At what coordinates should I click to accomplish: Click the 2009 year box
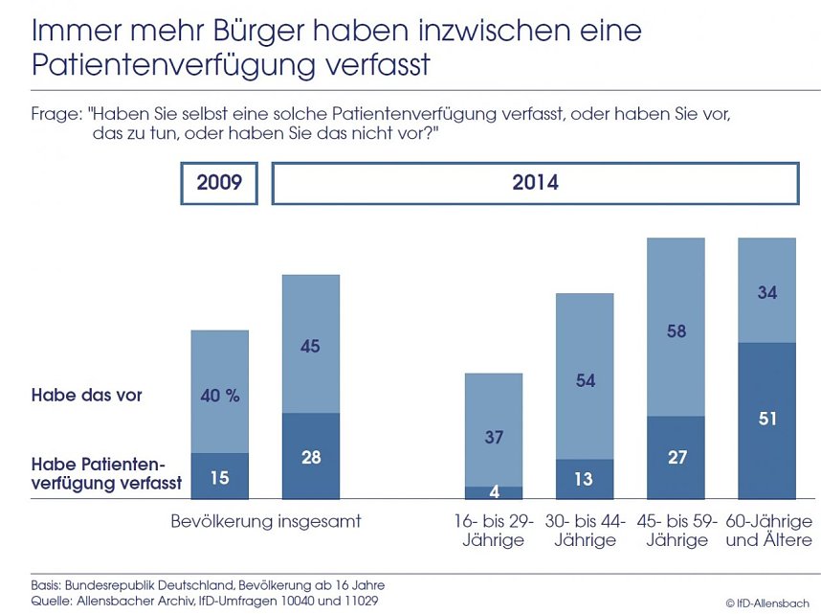pos(219,183)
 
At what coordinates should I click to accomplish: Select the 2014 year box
pos(535,183)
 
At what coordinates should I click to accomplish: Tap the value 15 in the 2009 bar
pos(219,477)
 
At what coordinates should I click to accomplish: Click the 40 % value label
pos(219,395)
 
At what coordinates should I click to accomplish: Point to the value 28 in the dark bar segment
pos(310,457)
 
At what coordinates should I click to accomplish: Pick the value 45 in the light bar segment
pos(310,347)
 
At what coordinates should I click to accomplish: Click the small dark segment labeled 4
pos(494,493)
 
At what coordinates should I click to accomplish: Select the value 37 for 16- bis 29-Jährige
pos(494,437)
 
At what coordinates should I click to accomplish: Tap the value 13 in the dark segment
pos(585,480)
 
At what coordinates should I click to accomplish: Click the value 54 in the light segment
pos(585,380)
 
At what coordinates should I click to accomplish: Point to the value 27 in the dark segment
pos(676,458)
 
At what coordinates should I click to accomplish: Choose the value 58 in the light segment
pos(676,330)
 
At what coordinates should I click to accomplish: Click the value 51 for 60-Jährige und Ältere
pos(766,419)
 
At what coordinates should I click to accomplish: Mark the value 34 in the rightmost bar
pos(766,293)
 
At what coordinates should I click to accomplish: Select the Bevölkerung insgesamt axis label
pos(265,522)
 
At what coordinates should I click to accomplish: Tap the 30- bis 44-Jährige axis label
pos(585,531)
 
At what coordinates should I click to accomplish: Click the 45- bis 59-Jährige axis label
pos(676,531)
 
